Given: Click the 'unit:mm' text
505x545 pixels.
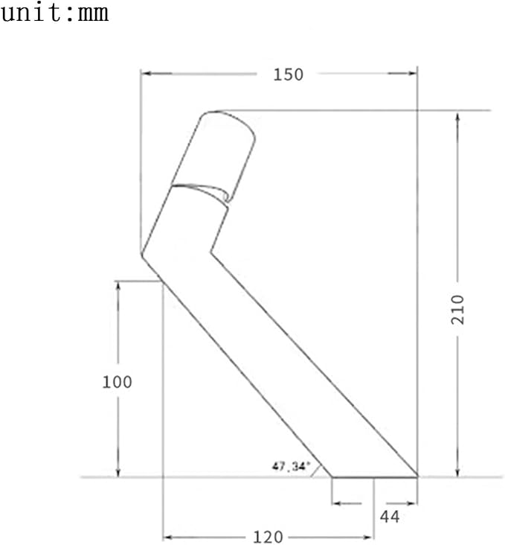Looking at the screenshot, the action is point(54,13).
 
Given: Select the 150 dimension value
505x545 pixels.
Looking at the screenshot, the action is point(289,74).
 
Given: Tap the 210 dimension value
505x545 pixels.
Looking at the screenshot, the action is point(457,310).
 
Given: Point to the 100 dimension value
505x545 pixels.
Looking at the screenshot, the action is point(117,382).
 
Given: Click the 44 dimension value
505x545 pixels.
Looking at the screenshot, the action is point(390,517).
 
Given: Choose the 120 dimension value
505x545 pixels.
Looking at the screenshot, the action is point(268,537).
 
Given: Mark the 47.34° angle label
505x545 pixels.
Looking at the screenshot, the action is point(290,466).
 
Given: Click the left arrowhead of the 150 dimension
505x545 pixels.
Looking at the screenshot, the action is point(147,74).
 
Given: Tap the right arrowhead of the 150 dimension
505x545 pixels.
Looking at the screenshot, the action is point(412,73).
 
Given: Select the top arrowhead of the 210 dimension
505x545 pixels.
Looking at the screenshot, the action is point(457,117).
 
